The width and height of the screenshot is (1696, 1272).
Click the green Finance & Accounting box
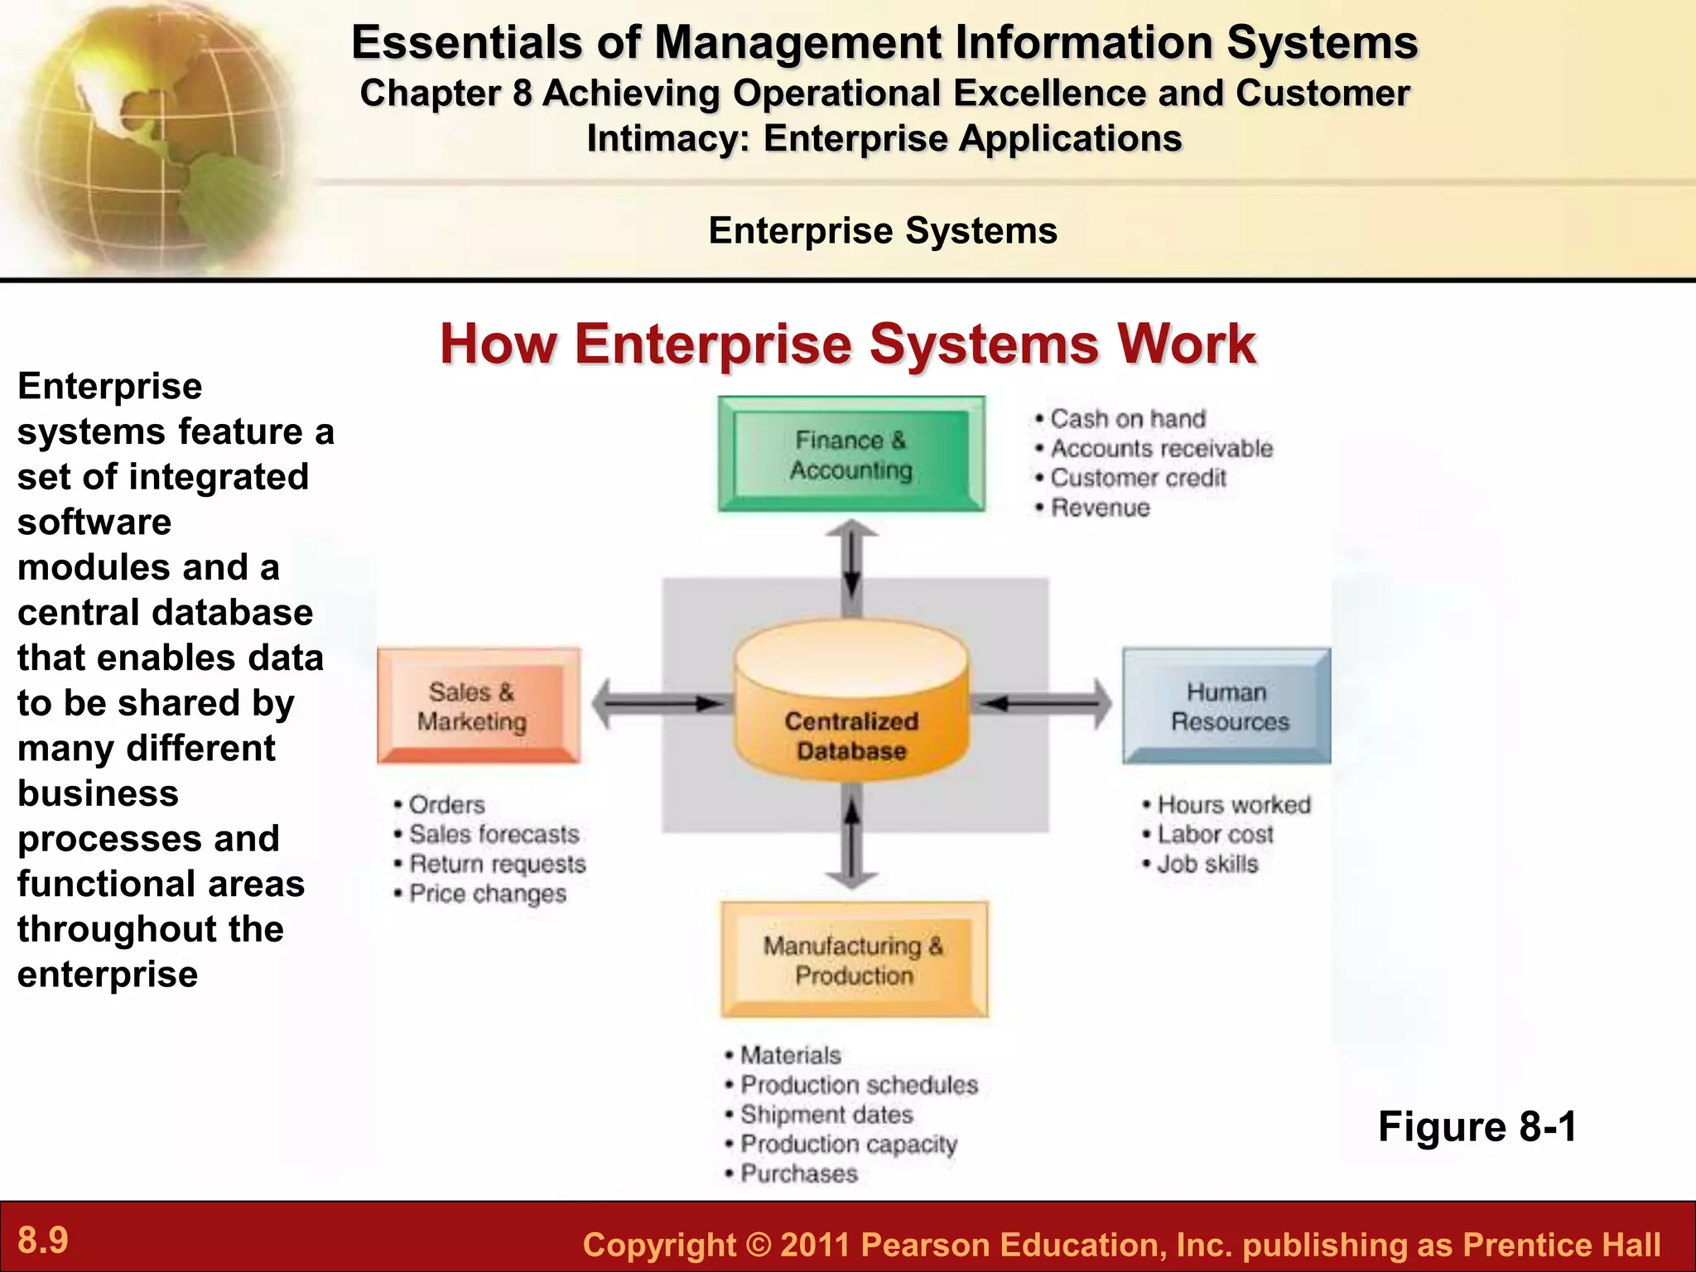point(851,454)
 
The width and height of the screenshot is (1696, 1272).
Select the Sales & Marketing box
point(478,706)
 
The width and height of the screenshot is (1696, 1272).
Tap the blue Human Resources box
point(1226,706)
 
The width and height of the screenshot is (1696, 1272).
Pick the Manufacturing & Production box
point(854,960)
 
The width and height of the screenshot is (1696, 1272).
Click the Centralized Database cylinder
point(851,704)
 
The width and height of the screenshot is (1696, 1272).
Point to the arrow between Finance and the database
point(851,568)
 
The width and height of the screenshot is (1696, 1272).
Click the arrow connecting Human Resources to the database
point(1043,704)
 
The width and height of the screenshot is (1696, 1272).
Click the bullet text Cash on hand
point(1127,419)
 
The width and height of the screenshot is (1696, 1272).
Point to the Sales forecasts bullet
point(494,834)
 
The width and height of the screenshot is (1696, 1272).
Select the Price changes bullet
point(488,894)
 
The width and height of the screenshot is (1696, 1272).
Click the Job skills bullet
point(1207,864)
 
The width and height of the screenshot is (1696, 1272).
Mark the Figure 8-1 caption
point(1477,1126)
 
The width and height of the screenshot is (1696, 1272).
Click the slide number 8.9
point(43,1241)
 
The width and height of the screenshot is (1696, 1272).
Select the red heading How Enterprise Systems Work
point(848,344)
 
